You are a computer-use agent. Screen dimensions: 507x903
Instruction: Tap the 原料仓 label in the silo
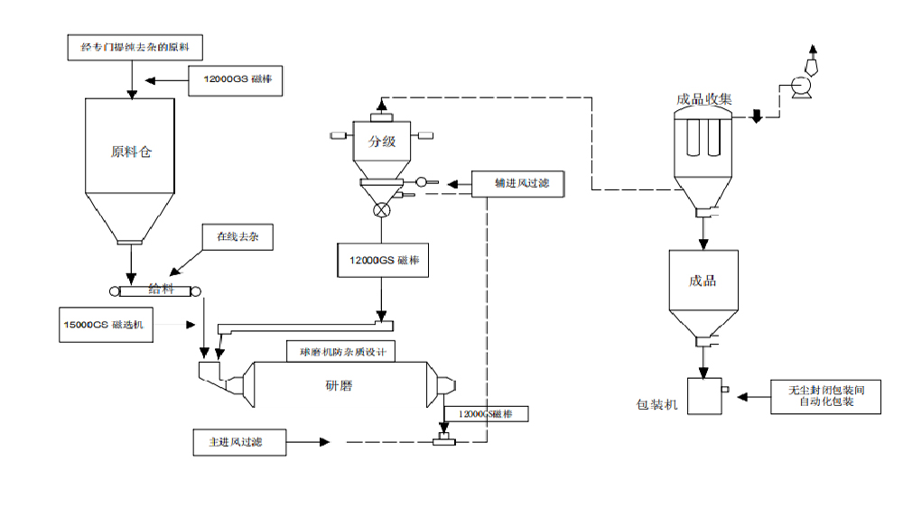click(x=132, y=152)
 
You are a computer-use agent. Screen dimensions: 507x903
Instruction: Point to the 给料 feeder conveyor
click(x=153, y=290)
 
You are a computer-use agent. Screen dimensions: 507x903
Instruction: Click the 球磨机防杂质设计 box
click(x=337, y=352)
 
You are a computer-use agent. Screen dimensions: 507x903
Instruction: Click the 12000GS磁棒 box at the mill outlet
click(x=486, y=413)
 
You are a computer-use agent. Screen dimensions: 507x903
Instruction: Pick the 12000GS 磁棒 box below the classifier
click(x=383, y=261)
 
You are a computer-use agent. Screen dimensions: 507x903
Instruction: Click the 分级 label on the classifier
click(x=382, y=142)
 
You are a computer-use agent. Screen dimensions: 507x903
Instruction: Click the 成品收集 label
click(x=703, y=99)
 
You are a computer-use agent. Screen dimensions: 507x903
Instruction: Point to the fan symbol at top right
click(x=799, y=86)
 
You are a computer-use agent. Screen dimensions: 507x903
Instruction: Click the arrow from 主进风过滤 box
click(x=307, y=442)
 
